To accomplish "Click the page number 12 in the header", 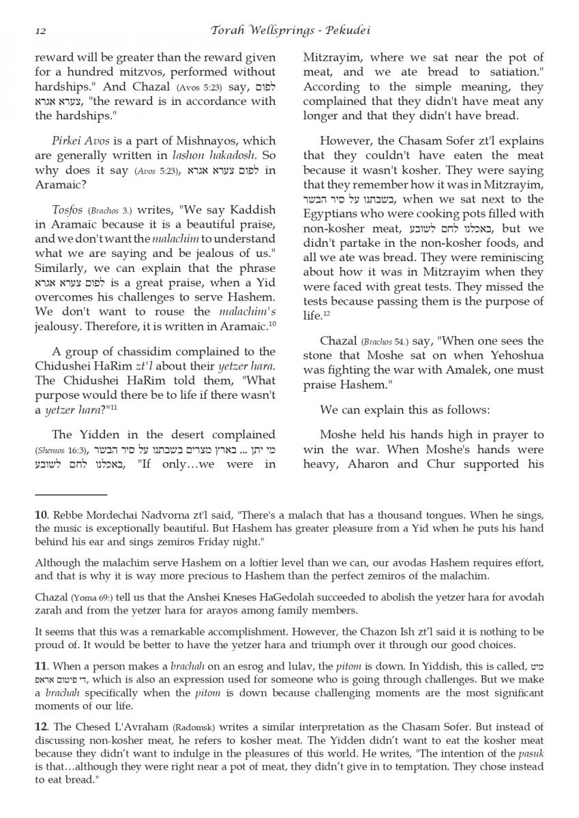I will point(40,31).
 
